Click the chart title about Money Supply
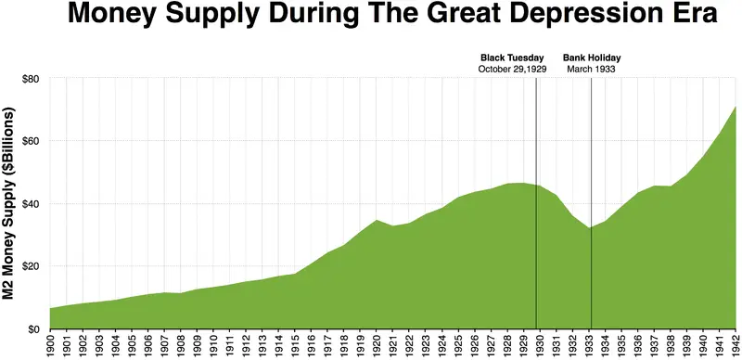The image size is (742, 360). pos(371,16)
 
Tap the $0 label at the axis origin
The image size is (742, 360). pos(33,329)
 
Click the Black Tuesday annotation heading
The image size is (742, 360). pos(511,57)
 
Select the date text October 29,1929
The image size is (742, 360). pos(511,70)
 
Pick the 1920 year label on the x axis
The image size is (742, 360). pos(377,346)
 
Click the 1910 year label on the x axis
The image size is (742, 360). pos(213,346)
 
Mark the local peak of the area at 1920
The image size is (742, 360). pos(377,220)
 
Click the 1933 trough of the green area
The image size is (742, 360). pos(589,228)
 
